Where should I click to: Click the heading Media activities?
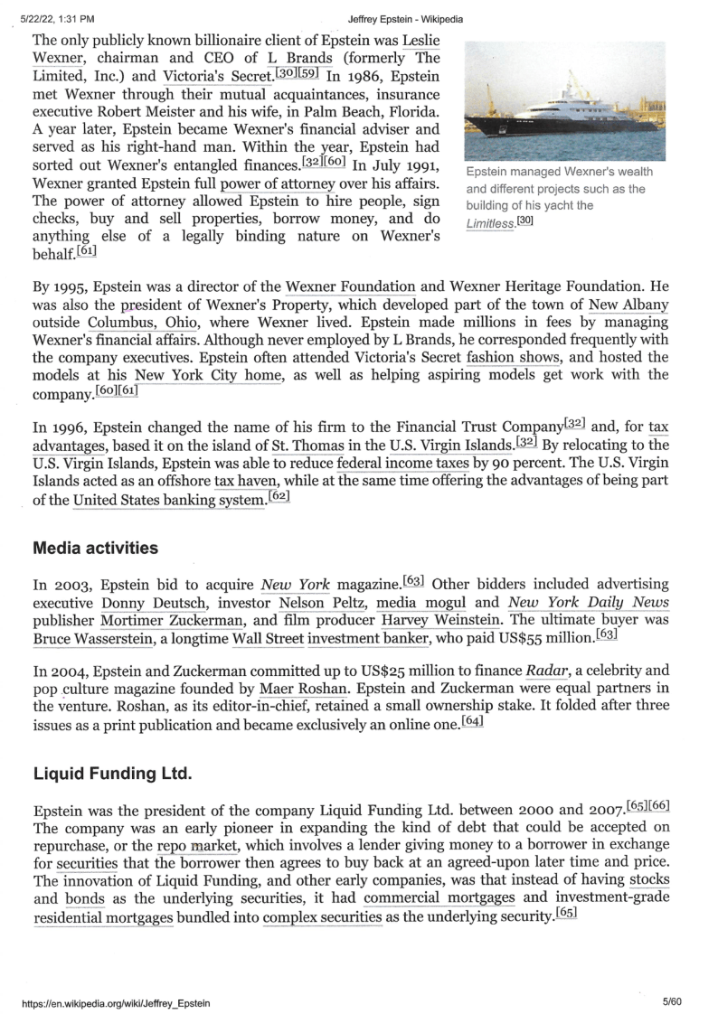click(96, 549)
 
